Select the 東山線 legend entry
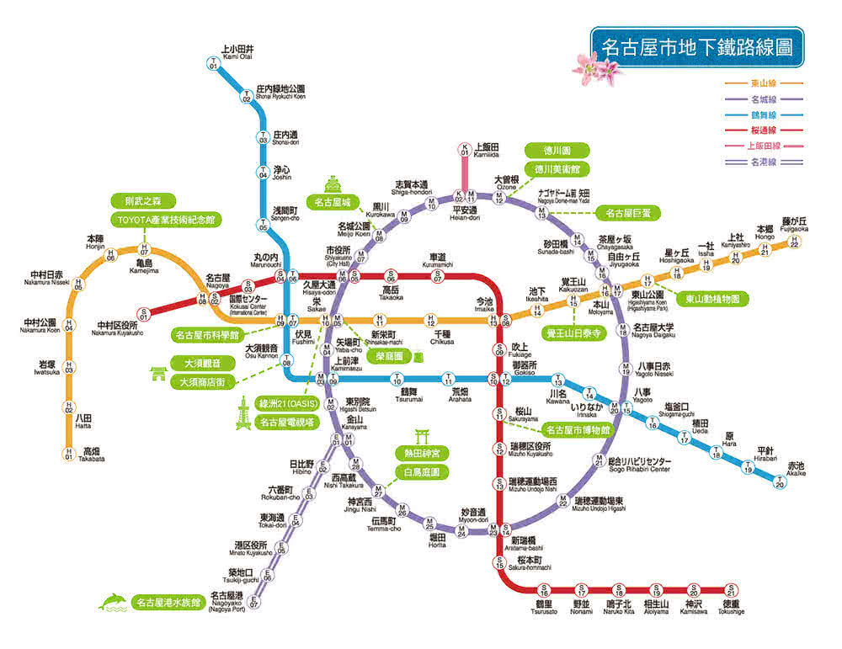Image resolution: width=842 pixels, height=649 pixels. [762, 83]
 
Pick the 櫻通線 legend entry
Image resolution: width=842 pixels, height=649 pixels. [762, 130]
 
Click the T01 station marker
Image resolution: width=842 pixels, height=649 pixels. [213, 62]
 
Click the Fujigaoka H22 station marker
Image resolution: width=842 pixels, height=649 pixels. [793, 242]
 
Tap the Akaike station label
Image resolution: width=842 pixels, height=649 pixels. [796, 469]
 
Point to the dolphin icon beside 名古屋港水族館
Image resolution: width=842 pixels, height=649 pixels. [113, 601]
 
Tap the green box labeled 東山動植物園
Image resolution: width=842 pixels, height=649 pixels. [711, 299]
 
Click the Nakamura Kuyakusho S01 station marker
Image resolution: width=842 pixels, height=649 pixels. [144, 315]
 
